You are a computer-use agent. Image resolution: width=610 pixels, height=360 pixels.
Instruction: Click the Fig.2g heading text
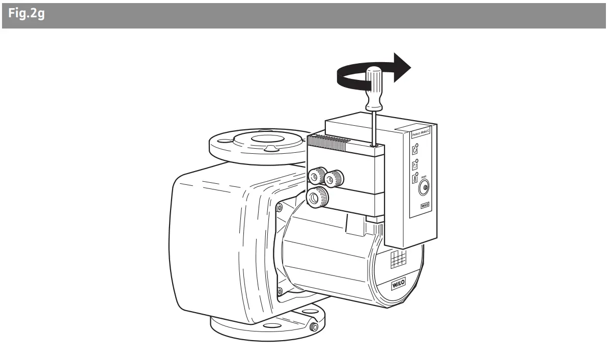coord(26,14)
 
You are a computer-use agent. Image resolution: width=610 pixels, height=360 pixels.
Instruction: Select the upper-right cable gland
coord(335,178)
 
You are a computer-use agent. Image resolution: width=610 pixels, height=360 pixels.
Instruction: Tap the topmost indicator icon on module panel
coord(414,150)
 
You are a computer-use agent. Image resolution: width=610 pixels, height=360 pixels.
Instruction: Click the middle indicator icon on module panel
coord(414,165)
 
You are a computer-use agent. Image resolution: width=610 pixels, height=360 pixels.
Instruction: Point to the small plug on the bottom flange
coord(314,326)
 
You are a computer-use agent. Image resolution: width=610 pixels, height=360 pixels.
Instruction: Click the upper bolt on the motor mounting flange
coord(280,208)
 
